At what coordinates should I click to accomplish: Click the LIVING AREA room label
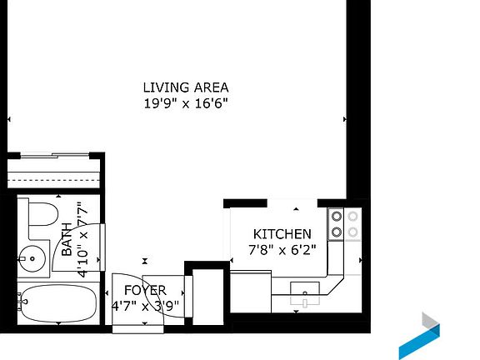pyautogui.click(x=186, y=87)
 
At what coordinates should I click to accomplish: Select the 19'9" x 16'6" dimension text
pyautogui.click(x=186, y=103)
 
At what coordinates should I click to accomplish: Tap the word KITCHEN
pyautogui.click(x=282, y=234)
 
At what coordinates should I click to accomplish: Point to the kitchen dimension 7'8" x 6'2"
pyautogui.click(x=282, y=250)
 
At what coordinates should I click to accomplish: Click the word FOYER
pyautogui.click(x=145, y=290)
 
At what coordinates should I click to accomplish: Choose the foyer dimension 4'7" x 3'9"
pyautogui.click(x=145, y=306)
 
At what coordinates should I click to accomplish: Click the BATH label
pyautogui.click(x=67, y=239)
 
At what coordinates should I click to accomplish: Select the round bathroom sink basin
pyautogui.click(x=32, y=259)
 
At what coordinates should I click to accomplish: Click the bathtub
pyautogui.click(x=57, y=303)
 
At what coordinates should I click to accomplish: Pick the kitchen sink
pyautogui.click(x=305, y=294)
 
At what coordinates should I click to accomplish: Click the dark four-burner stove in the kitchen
pyautogui.click(x=336, y=224)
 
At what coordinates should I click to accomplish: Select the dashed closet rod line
pyautogui.click(x=53, y=180)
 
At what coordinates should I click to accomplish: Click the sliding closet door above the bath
pyautogui.click(x=55, y=156)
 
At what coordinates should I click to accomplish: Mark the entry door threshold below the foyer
pyautogui.click(x=137, y=329)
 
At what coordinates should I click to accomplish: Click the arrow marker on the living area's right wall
pyautogui.click(x=344, y=119)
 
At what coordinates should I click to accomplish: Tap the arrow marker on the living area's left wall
pyautogui.click(x=9, y=119)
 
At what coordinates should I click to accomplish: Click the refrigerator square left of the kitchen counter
pyautogui.click(x=251, y=292)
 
